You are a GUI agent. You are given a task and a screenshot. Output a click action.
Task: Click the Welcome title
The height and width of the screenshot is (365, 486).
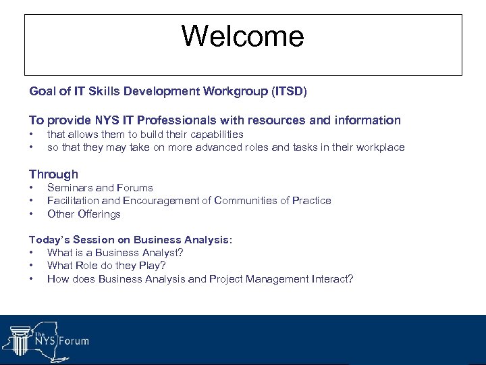click(243, 36)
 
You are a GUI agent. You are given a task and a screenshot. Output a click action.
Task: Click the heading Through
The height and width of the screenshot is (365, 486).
click(53, 174)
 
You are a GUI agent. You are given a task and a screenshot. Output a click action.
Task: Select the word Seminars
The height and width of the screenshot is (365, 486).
click(70, 188)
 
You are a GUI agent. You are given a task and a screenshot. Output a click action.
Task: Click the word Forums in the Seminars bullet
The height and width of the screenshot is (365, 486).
click(135, 188)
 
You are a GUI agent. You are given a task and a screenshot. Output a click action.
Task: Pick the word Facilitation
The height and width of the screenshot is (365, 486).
click(72, 201)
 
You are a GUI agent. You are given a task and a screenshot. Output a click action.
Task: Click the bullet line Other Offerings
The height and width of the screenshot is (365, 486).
click(84, 214)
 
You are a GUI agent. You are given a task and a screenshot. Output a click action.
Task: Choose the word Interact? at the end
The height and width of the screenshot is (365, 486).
click(329, 279)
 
